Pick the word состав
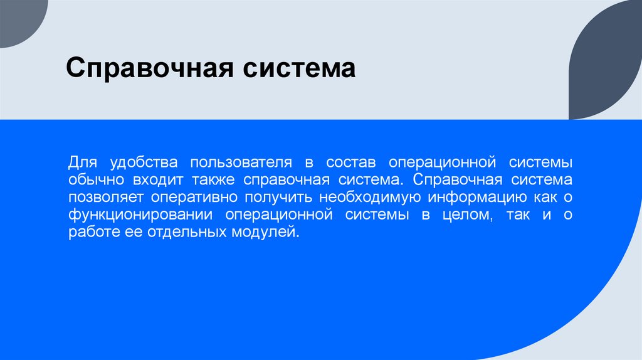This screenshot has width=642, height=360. coord(350,163)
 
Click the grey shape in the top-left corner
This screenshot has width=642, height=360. coord(19,19)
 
